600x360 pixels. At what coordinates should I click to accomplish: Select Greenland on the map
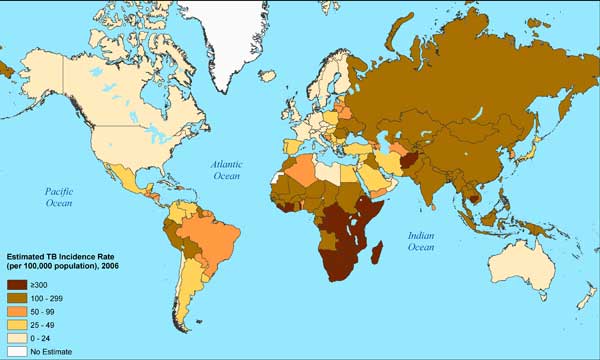point(230,25)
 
